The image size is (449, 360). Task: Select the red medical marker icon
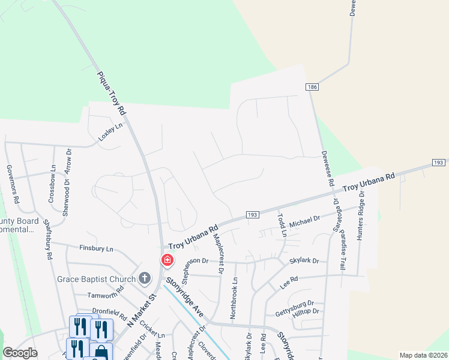pyautogui.click(x=167, y=260)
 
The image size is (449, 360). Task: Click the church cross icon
pyautogui.click(x=144, y=278)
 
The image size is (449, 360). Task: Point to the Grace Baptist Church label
pyautogui.click(x=97, y=278)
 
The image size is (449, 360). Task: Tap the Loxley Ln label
pyautogui.click(x=110, y=132)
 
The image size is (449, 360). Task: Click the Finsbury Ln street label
pyautogui.click(x=96, y=248)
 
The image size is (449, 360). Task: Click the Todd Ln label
pyautogui.click(x=282, y=223)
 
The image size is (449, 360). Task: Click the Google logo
pyautogui.click(x=20, y=353)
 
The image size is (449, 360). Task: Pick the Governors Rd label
pyautogui.click(x=13, y=184)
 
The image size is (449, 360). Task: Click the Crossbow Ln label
pyautogui.click(x=52, y=184)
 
